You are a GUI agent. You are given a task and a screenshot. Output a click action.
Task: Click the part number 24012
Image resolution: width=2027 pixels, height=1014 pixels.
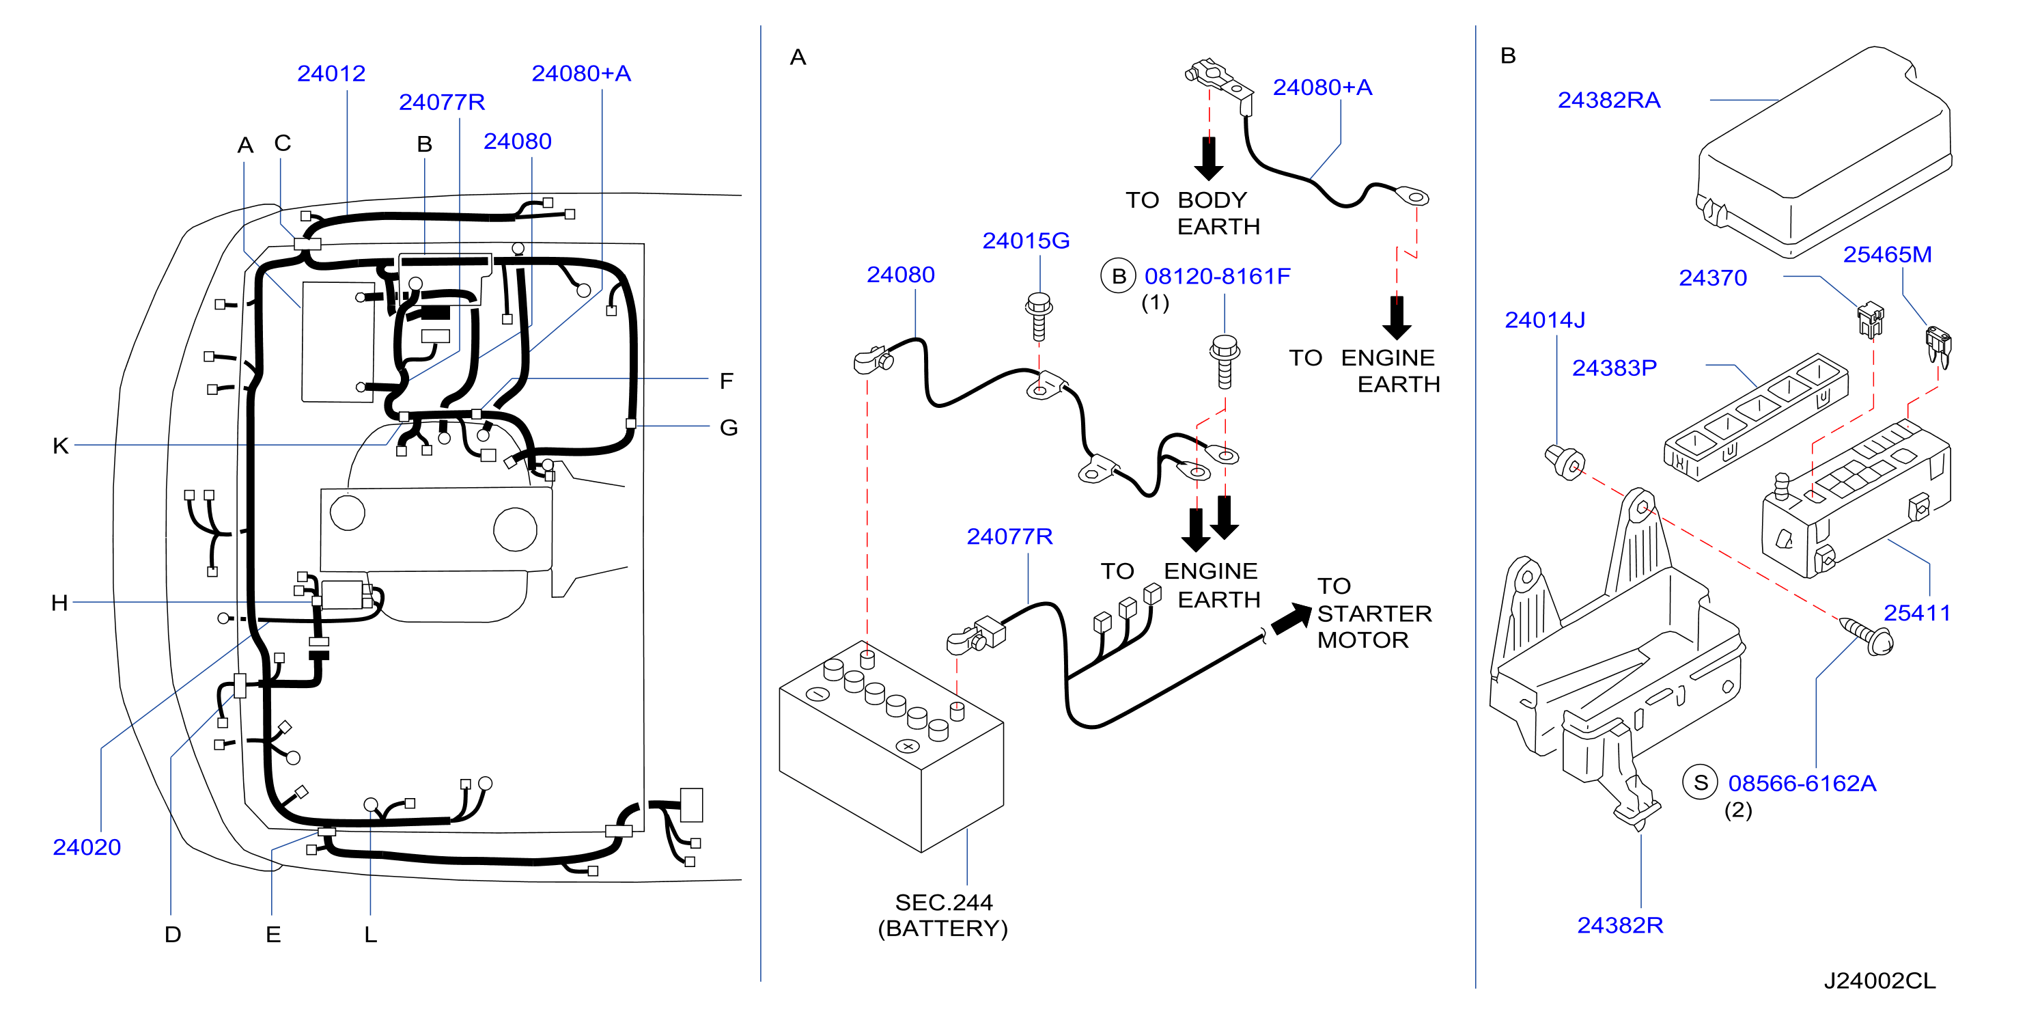331,73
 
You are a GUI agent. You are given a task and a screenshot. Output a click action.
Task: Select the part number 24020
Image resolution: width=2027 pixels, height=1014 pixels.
87,847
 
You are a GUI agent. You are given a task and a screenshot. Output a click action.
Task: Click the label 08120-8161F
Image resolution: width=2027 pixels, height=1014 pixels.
1217,276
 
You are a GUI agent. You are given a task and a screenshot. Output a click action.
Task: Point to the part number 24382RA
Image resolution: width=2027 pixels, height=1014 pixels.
1609,100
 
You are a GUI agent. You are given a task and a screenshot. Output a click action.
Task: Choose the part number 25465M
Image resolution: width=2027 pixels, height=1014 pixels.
1887,254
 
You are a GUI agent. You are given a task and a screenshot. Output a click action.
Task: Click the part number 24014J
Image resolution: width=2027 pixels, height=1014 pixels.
1545,320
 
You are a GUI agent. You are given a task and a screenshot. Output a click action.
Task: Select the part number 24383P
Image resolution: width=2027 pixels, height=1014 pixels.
1614,368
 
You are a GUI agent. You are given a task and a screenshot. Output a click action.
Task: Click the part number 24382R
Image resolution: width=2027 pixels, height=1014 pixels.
1619,925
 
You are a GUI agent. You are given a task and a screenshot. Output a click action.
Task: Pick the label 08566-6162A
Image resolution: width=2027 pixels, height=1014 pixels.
1802,783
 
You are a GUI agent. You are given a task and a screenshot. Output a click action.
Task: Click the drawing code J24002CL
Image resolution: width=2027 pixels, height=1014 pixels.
1880,981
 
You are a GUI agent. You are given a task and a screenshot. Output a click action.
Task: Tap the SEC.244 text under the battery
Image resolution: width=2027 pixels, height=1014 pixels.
943,902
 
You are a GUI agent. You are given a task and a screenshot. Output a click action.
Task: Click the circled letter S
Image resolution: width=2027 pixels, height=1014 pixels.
1701,782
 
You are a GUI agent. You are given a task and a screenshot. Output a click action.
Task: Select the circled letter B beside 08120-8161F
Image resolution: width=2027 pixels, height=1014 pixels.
1118,276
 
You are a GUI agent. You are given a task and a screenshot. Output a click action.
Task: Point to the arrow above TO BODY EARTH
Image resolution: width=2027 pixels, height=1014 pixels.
1209,159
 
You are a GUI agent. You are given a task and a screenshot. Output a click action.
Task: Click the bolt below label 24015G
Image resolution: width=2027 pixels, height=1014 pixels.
1039,316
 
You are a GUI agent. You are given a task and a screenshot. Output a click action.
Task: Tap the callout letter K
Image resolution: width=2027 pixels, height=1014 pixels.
61,446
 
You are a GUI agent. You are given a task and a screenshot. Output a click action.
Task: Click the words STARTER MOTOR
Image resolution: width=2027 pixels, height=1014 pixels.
1374,627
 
